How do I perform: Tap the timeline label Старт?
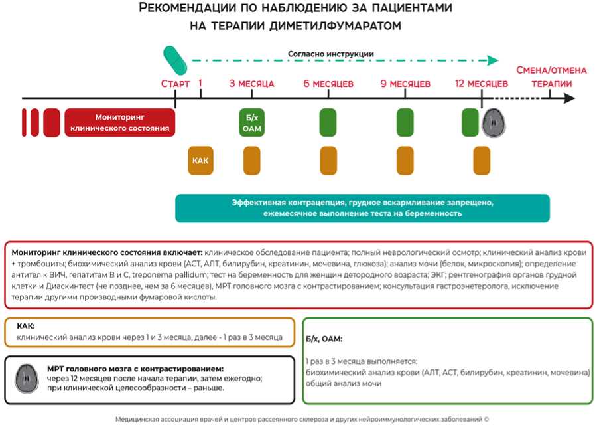click(176, 84)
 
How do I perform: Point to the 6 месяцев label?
click(328, 84)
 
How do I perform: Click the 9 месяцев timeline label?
click(405, 84)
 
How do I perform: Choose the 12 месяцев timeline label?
click(482, 84)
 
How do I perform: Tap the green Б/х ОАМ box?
click(252, 123)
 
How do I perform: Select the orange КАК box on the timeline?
click(200, 161)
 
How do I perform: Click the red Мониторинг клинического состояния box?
click(120, 122)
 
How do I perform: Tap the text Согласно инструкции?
click(330, 54)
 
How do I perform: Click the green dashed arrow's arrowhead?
click(493, 60)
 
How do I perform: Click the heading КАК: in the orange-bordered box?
click(26, 327)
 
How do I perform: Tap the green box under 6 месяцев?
click(328, 123)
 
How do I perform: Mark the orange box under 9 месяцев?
click(405, 161)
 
